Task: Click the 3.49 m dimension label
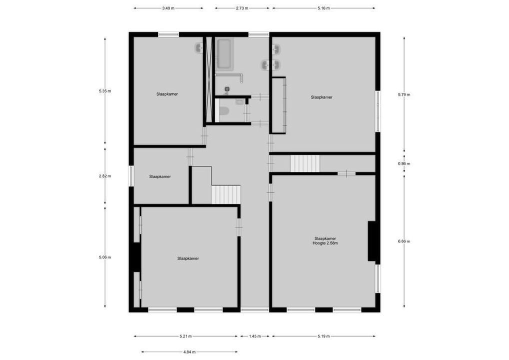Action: coord(168,8)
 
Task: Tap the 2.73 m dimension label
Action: coord(242,8)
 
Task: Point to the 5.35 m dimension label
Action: coord(105,91)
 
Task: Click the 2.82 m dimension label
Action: coord(105,176)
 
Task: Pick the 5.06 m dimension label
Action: coord(105,257)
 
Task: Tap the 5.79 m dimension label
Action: coord(404,94)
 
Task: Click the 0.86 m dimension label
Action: coord(404,163)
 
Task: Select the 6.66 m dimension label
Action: coord(404,241)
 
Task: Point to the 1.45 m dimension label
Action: coord(254,336)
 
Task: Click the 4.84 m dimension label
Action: coord(189,352)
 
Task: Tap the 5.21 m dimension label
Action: coord(185,336)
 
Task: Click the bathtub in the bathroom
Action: coord(223,54)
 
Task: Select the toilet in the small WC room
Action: coord(224,110)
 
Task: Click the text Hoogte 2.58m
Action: coord(325,243)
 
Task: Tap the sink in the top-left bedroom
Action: coord(199,48)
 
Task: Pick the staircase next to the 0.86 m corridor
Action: coord(305,163)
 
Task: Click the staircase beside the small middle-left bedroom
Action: coord(226,194)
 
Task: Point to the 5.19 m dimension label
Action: coord(323,336)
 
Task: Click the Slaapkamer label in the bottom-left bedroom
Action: coord(188,258)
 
